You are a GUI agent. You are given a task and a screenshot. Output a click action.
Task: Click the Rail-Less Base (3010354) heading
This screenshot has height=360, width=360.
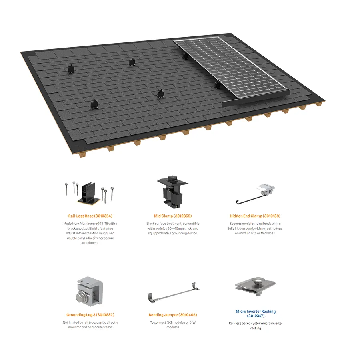[90, 216]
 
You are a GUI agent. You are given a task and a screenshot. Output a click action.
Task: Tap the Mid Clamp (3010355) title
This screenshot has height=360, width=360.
[173, 216]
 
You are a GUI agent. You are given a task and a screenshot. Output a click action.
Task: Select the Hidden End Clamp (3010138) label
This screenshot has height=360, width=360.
[255, 216]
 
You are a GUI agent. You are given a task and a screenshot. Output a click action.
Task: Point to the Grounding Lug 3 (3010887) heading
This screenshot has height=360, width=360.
[90, 315]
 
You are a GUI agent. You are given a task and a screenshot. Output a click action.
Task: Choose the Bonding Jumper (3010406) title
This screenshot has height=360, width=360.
[173, 315]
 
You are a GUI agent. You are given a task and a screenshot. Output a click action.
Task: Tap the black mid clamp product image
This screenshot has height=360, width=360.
[173, 192]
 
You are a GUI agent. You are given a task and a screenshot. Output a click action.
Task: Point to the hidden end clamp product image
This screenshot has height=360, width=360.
[256, 194]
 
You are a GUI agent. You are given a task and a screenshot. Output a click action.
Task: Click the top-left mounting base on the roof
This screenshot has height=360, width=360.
[71, 69]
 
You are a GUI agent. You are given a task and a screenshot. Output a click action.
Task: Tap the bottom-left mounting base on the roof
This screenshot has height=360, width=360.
[94, 105]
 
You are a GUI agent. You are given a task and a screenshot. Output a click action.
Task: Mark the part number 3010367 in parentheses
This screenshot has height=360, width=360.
[256, 316]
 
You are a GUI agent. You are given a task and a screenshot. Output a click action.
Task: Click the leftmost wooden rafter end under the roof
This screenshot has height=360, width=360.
[82, 154]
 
